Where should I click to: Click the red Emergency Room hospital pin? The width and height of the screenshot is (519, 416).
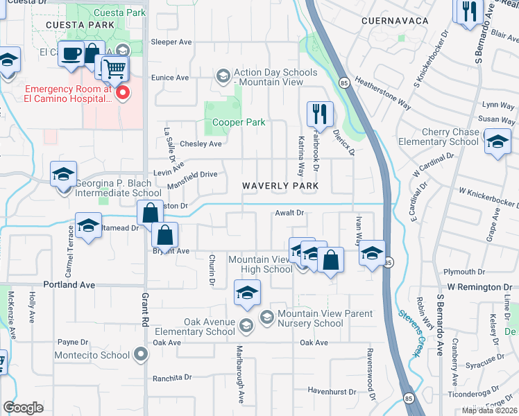click(123, 92)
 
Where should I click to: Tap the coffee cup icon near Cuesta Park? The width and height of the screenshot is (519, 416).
click(71, 54)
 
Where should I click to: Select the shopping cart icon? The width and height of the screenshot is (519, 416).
click(115, 69)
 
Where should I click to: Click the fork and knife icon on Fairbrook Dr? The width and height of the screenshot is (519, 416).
click(320, 113)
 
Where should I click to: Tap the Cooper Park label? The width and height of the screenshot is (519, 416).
click(239, 123)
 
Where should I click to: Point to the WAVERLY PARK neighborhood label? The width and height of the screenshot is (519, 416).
click(280, 186)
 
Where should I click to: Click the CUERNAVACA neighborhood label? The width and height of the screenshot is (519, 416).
click(395, 21)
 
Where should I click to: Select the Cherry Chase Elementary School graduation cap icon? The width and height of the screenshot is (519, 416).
click(497, 142)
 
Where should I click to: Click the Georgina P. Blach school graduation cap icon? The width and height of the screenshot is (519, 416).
click(63, 174)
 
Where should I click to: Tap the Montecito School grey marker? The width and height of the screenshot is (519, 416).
click(142, 355)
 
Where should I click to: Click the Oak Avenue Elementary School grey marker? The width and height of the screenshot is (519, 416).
click(245, 325)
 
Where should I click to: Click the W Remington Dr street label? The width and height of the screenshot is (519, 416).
click(479, 286)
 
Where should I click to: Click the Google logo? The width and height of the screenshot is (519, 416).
click(24, 407)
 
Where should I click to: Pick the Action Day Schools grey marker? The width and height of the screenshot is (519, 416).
click(223, 75)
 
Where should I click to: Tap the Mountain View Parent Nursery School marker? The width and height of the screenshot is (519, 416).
click(266, 317)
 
